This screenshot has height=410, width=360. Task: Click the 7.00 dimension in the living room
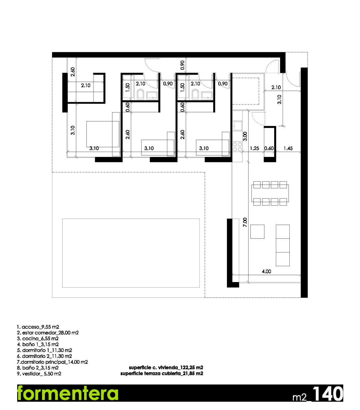[x=245, y=222]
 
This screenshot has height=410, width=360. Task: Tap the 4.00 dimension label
[x=266, y=272]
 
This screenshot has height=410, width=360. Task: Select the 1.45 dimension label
[x=288, y=148]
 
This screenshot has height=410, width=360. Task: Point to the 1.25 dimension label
[x=254, y=148]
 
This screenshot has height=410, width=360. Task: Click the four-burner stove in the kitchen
[x=237, y=147]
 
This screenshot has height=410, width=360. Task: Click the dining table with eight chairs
[x=270, y=193]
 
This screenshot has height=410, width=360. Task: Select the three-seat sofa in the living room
[x=283, y=245]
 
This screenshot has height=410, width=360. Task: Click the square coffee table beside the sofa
[x=257, y=232]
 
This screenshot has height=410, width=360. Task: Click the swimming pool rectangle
[x=131, y=253]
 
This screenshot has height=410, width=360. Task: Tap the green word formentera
[x=67, y=393]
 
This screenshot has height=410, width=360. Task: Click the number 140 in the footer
[x=327, y=393]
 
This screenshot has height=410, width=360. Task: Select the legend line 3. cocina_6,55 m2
[x=38, y=339]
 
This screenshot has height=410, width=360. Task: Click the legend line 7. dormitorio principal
[x=52, y=362]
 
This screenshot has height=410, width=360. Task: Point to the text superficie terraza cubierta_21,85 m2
[x=162, y=373]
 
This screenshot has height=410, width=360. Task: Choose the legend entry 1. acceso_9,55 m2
[x=38, y=327]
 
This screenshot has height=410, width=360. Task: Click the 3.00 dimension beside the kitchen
[x=245, y=136]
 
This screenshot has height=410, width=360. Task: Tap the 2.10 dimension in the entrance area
[x=276, y=87]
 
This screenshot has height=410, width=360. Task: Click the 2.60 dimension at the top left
[x=73, y=72]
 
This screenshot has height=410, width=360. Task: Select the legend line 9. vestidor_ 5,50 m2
[x=39, y=374]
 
